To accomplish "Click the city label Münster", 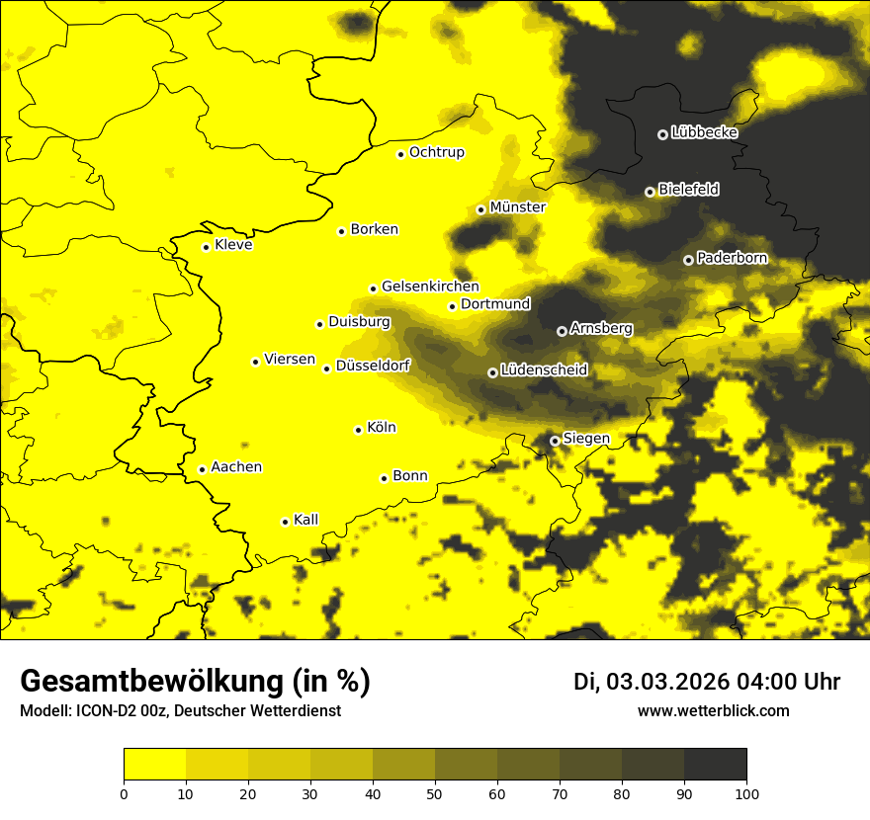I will point(517,207).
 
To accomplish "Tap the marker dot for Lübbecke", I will point(662,134).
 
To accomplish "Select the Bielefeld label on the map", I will point(688,190).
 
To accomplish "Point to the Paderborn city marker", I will point(688,260).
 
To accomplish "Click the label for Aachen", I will point(236,467).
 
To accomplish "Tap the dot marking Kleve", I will point(206,247).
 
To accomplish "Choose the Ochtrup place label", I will point(436,152).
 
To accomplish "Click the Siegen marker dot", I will point(555,441).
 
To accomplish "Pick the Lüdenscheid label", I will point(544,370).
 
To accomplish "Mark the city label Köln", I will point(381,428).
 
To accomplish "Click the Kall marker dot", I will point(285,522).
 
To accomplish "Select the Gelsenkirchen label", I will point(430,287).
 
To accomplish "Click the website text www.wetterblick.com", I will point(713,711).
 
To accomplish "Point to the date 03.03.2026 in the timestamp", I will point(667,682).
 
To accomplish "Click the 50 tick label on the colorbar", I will point(435,792).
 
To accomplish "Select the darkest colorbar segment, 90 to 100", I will point(715,765).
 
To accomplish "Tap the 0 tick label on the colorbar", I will point(124,792).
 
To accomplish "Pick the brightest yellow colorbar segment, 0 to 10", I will point(154,765).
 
